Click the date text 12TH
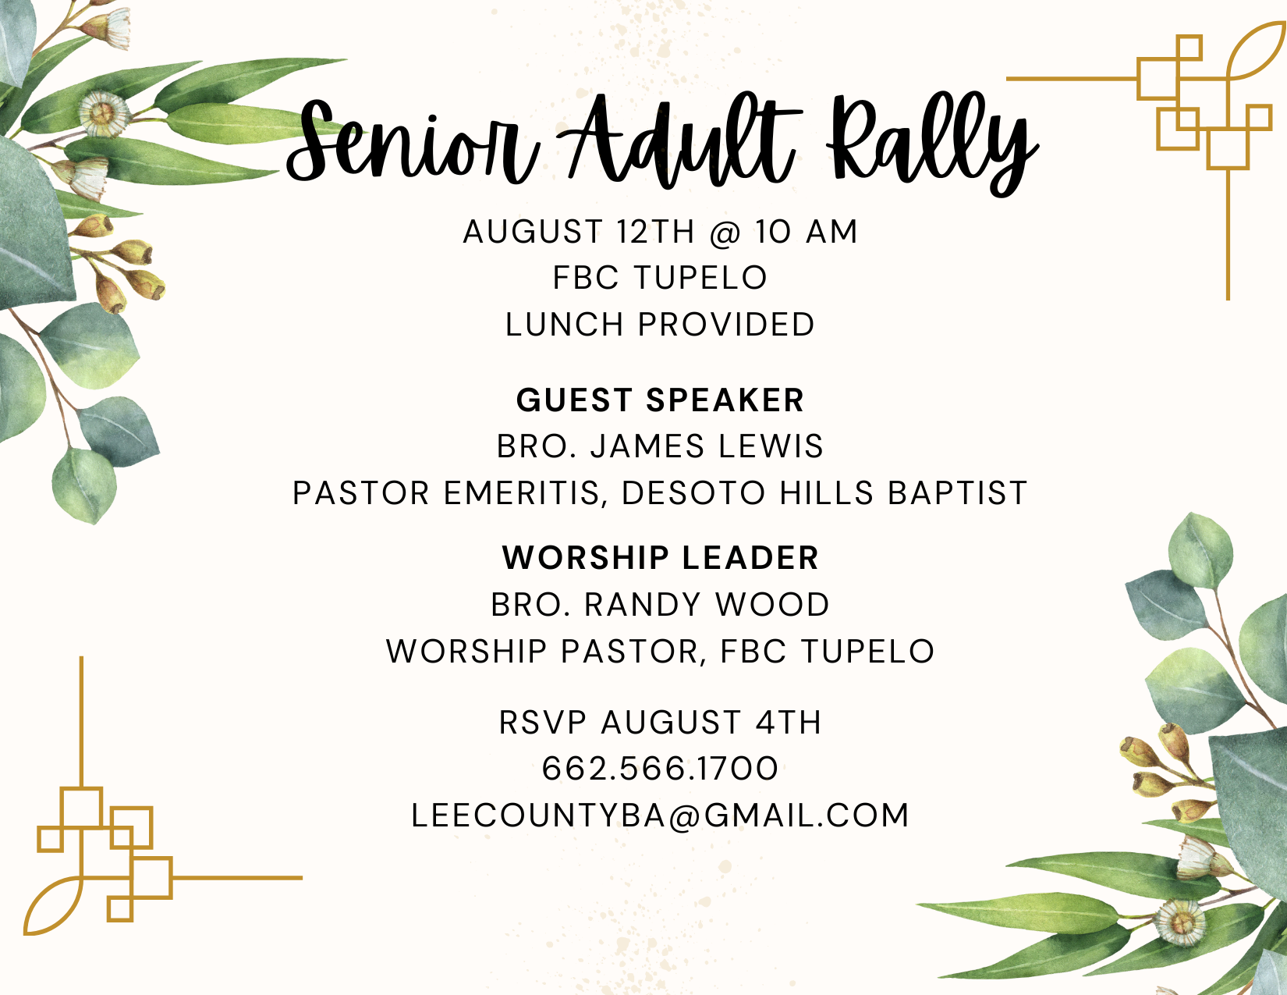point(655,232)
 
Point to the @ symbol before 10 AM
point(725,233)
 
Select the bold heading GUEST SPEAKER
point(660,400)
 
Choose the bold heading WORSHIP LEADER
point(661,558)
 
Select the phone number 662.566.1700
point(660,769)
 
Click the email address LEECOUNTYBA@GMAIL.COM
point(660,816)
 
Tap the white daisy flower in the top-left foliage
point(104,113)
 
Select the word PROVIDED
point(726,325)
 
